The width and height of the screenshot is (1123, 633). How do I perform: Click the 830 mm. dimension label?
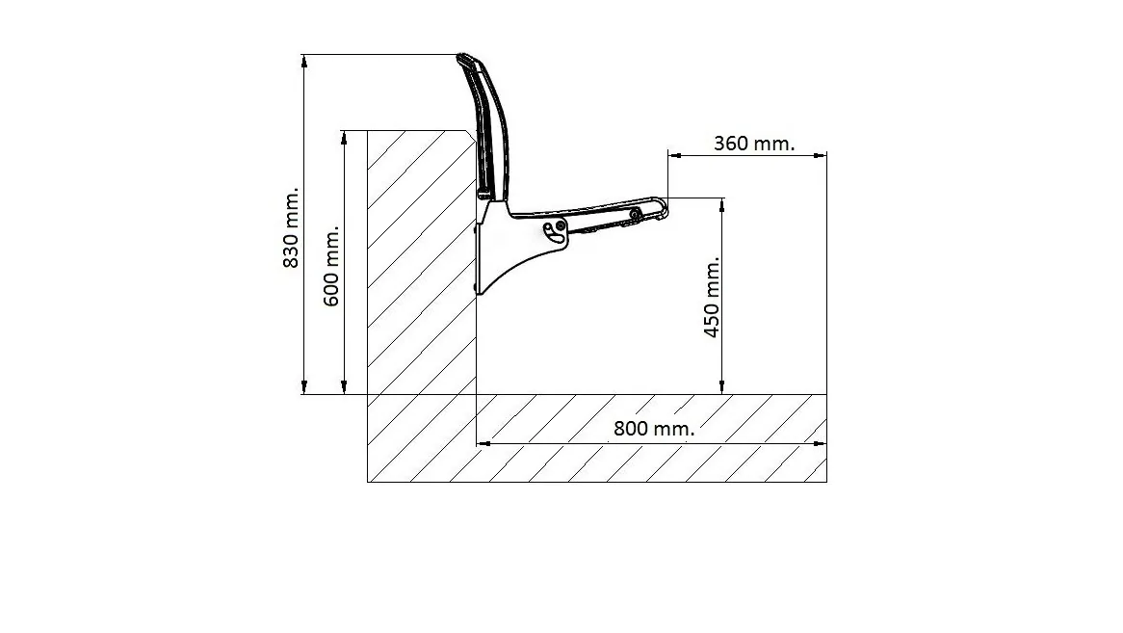point(292,228)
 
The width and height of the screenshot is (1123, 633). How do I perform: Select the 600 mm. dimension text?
point(331,266)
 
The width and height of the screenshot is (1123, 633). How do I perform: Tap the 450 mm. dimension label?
point(712,297)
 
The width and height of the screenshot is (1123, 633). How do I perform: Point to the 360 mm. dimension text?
point(754,144)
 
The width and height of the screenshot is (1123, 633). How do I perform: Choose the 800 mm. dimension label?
point(654,428)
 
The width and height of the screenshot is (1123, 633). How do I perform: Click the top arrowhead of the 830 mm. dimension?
point(304,60)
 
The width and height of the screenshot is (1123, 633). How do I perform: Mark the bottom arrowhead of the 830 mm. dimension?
point(304,387)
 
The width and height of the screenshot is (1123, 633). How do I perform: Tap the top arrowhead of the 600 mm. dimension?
point(345,137)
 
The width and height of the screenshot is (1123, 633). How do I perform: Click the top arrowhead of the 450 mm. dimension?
point(722,204)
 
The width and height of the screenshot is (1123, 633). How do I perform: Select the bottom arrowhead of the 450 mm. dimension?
point(722,387)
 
